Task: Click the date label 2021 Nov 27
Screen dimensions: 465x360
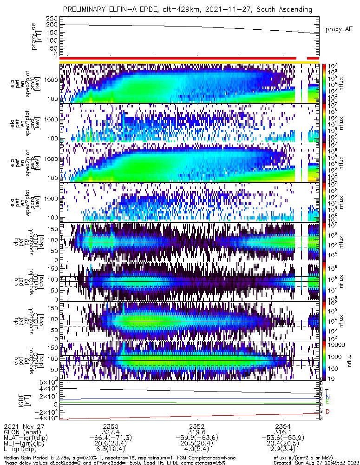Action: [x=23, y=426]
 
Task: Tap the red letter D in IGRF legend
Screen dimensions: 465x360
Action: [x=327, y=412]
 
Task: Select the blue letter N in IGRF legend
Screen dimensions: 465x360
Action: [x=327, y=396]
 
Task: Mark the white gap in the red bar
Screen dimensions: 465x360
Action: [x=301, y=58]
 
